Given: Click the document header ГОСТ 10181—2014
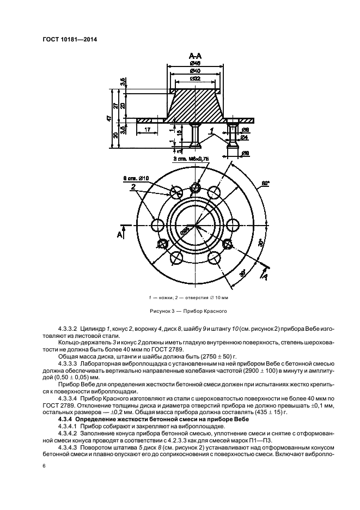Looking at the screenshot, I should click(x=65, y=39).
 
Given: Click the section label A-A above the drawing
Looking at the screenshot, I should click(x=195, y=56).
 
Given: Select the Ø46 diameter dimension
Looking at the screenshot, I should click(x=195, y=63).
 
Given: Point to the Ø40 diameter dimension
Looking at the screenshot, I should click(x=194, y=71).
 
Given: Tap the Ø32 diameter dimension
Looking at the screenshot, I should click(x=194, y=80).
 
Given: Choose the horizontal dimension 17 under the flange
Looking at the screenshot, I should click(x=148, y=129).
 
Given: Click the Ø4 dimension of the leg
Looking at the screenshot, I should click(x=245, y=137).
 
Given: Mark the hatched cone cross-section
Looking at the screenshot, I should click(x=195, y=106).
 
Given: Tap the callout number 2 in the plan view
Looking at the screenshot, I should click(x=132, y=187).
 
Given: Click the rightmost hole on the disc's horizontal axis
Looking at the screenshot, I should click(x=231, y=224).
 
